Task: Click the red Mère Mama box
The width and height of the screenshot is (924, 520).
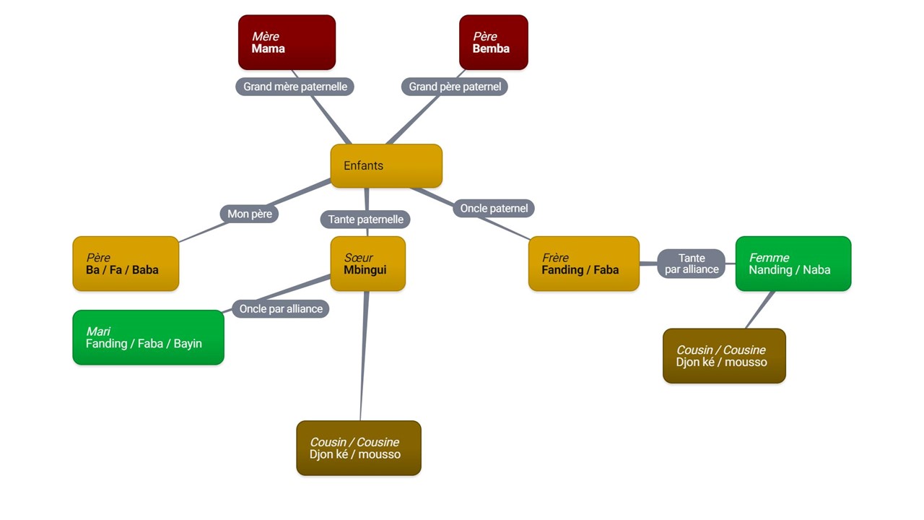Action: pyautogui.click(x=287, y=43)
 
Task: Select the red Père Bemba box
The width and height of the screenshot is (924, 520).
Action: pyautogui.click(x=493, y=43)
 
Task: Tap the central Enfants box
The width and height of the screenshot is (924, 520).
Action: pyautogui.click(x=385, y=165)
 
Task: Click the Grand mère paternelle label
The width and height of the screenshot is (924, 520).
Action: pyautogui.click(x=295, y=87)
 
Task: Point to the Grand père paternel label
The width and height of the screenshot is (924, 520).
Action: pyautogui.click(x=454, y=87)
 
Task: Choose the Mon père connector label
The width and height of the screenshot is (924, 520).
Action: pyautogui.click(x=249, y=214)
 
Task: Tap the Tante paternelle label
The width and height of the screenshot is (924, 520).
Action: pyautogui.click(x=365, y=219)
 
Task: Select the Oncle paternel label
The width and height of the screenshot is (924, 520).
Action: pyautogui.click(x=494, y=209)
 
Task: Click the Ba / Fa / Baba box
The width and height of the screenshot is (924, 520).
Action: pyautogui.click(x=126, y=264)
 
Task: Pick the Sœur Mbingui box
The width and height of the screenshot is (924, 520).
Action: pyautogui.click(x=367, y=264)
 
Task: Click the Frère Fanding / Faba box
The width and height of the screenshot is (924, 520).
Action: pyautogui.click(x=583, y=264)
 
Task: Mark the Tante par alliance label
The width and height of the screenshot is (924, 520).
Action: pyautogui.click(x=691, y=264)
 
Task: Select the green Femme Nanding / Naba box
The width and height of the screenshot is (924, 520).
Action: pyautogui.click(x=793, y=264)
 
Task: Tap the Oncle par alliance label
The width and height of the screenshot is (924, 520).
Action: pyautogui.click(x=281, y=309)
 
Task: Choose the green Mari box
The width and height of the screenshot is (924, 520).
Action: pyautogui.click(x=148, y=337)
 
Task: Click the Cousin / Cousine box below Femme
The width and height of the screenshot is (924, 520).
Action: pyautogui.click(x=723, y=356)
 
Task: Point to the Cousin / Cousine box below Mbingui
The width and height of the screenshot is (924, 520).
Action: pyautogui.click(x=358, y=448)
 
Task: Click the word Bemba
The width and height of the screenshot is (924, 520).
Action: pyautogui.click(x=491, y=49)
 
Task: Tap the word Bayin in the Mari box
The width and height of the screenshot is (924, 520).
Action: pyautogui.click(x=188, y=344)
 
